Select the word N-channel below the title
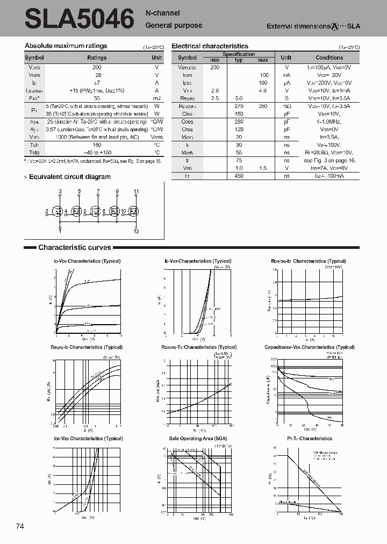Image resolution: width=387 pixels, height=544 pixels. (163, 13)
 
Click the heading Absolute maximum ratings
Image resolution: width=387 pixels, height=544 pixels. (66, 46)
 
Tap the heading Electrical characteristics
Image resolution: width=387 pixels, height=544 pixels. (210, 46)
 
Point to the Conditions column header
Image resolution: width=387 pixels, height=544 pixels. (329, 58)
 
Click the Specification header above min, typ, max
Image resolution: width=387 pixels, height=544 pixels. (239, 54)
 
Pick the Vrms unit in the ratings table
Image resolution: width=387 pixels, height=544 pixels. (156, 137)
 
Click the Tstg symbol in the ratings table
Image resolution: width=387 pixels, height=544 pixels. (33, 153)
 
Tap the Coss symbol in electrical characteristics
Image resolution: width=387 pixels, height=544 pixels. (187, 122)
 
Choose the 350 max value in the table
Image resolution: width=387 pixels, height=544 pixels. (262, 106)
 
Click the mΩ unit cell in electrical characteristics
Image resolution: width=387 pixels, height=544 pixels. (286, 106)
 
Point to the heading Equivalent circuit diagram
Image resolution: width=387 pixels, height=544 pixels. (69, 177)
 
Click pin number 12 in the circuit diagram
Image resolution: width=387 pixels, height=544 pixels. (137, 231)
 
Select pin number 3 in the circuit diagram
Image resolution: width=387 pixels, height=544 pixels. (60, 192)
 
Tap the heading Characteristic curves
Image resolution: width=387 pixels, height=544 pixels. (74, 247)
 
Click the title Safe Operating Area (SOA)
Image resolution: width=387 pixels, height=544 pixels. (198, 439)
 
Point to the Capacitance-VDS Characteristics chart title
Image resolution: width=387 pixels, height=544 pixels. (305, 347)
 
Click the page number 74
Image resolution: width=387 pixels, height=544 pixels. (20, 526)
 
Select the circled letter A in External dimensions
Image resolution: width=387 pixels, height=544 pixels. (334, 26)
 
